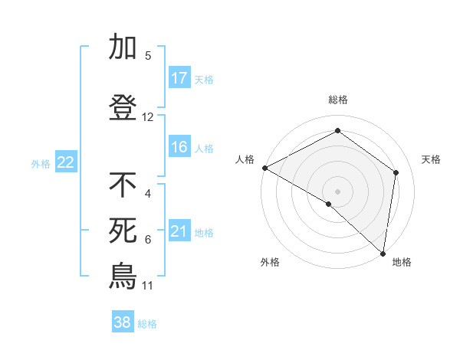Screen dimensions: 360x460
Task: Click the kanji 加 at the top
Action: [123, 47]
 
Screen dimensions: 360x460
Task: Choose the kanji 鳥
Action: [123, 276]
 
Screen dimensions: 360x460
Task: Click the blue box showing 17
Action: [179, 78]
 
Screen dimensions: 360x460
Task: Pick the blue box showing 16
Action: [179, 147]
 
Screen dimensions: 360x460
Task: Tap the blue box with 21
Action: [179, 231]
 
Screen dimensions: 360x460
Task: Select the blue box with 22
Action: [65, 162]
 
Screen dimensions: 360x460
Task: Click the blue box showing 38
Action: [123, 322]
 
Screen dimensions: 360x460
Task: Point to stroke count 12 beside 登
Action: [148, 117]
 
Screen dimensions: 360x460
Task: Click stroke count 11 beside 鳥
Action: [148, 286]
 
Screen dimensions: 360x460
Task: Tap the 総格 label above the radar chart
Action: [338, 100]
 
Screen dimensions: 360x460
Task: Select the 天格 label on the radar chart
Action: [432, 159]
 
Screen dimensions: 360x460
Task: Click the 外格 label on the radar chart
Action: [270, 262]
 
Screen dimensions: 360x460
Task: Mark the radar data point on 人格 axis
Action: [264, 168]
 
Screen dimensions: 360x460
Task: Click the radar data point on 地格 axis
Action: [383, 253]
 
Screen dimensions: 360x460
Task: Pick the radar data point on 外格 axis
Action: [329, 204]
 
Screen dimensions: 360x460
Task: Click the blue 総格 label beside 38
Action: [147, 324]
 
